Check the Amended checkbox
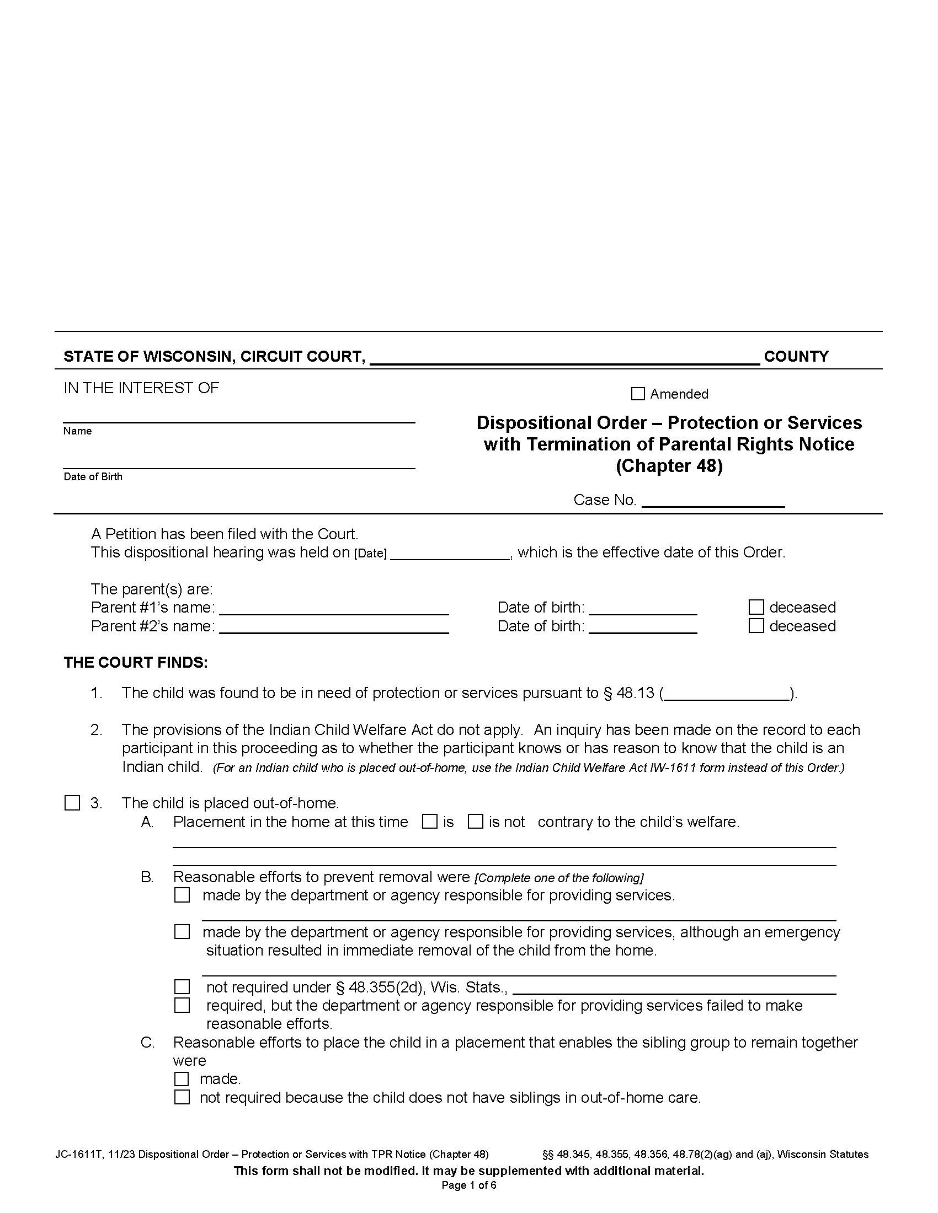(638, 394)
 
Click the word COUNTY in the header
(796, 357)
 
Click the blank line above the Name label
(239, 418)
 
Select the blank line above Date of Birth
(239, 463)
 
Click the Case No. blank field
(713, 501)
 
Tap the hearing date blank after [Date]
(450, 554)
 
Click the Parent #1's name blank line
(334, 609)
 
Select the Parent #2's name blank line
(334, 627)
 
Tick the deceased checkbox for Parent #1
(756, 607)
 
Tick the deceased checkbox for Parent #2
(756, 626)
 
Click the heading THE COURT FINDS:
(136, 663)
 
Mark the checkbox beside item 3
(72, 803)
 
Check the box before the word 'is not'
(475, 822)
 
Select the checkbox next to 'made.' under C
(182, 1078)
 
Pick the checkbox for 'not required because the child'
(182, 1097)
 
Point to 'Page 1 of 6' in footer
(468, 1185)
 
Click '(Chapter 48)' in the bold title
(669, 465)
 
